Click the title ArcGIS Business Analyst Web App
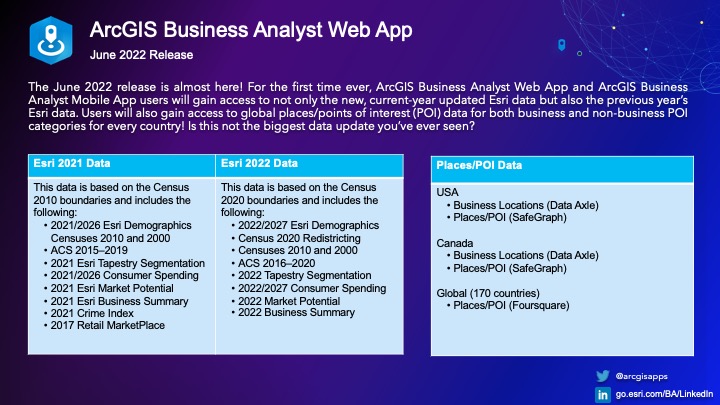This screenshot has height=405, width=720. tap(250, 30)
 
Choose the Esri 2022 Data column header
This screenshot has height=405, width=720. tap(258, 163)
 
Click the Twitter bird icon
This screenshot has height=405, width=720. tap(603, 375)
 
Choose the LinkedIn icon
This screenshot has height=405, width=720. tap(603, 395)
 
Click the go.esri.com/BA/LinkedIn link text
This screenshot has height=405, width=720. tap(663, 395)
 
